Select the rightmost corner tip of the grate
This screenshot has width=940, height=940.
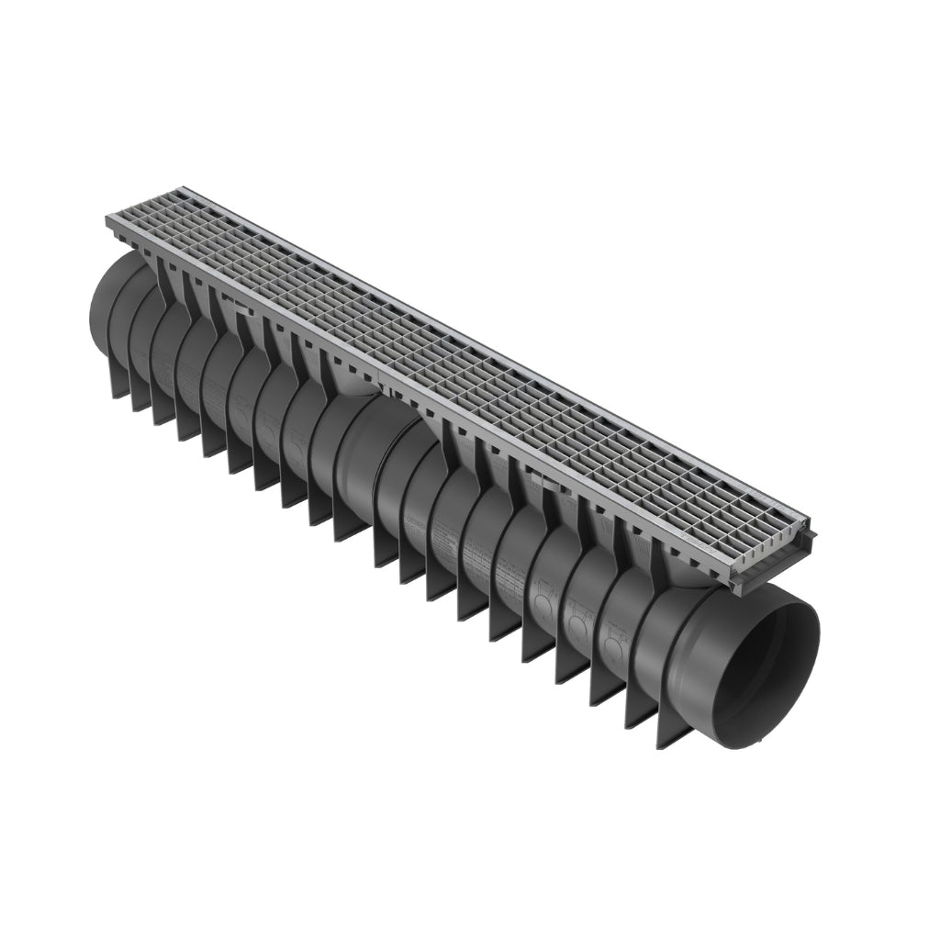coord(815,532)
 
